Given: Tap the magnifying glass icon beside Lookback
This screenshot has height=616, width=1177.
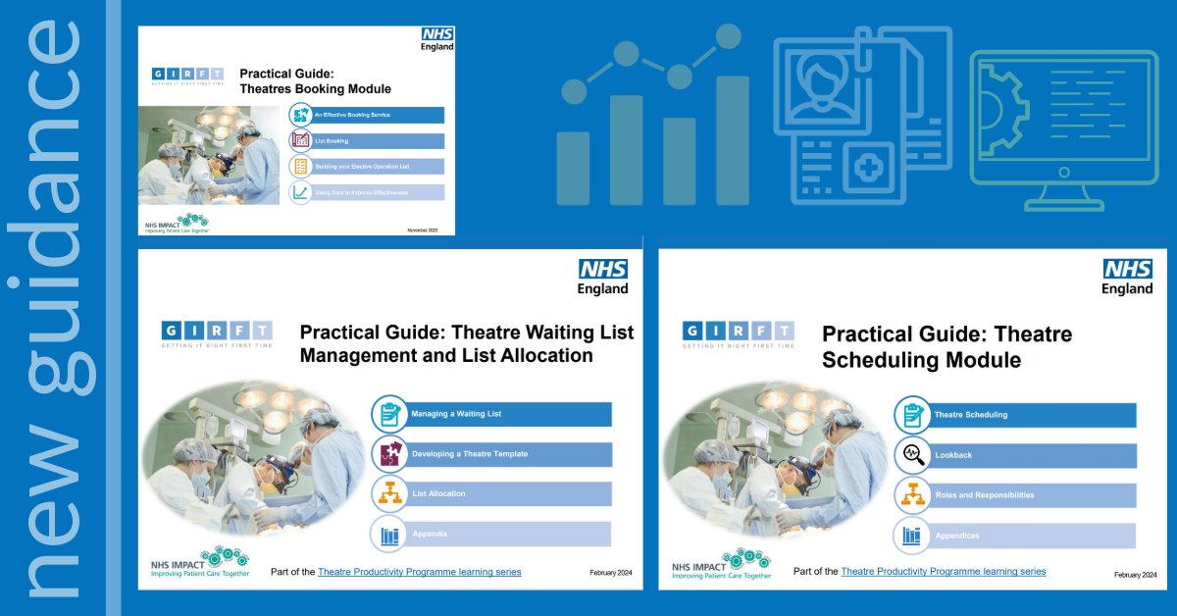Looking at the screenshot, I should (x=912, y=455).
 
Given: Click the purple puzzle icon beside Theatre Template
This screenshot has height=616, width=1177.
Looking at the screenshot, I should (x=389, y=454).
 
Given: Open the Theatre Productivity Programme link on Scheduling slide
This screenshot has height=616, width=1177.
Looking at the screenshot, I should (x=943, y=571).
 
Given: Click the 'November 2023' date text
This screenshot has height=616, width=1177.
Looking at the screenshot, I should (x=424, y=230).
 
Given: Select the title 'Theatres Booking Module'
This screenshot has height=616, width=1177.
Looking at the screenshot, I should (x=316, y=89).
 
